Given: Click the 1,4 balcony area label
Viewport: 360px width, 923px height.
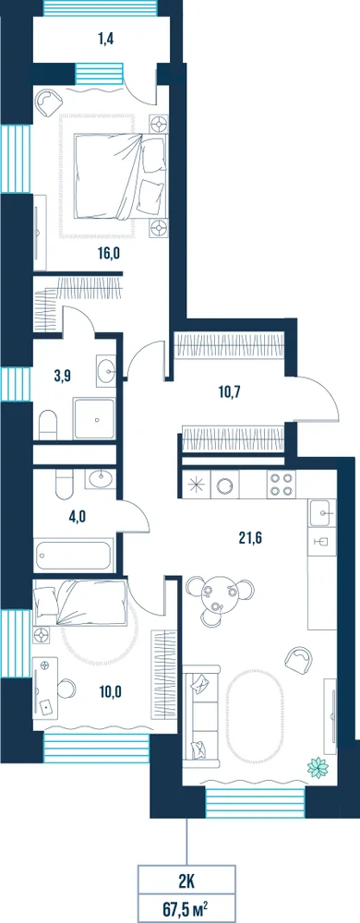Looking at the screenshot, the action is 106,40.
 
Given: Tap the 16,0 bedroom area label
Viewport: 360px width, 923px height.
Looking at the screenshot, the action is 109,254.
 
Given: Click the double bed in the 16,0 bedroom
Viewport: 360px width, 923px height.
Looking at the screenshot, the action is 121,175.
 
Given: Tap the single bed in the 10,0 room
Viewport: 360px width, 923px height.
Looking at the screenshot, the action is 80,602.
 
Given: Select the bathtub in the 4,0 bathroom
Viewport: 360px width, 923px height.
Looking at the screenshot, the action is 74,555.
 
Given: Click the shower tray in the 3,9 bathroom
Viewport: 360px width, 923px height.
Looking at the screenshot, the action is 93,418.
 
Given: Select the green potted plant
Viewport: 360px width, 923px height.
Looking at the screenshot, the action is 318,766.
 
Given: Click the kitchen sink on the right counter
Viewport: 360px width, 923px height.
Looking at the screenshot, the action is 322,513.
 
